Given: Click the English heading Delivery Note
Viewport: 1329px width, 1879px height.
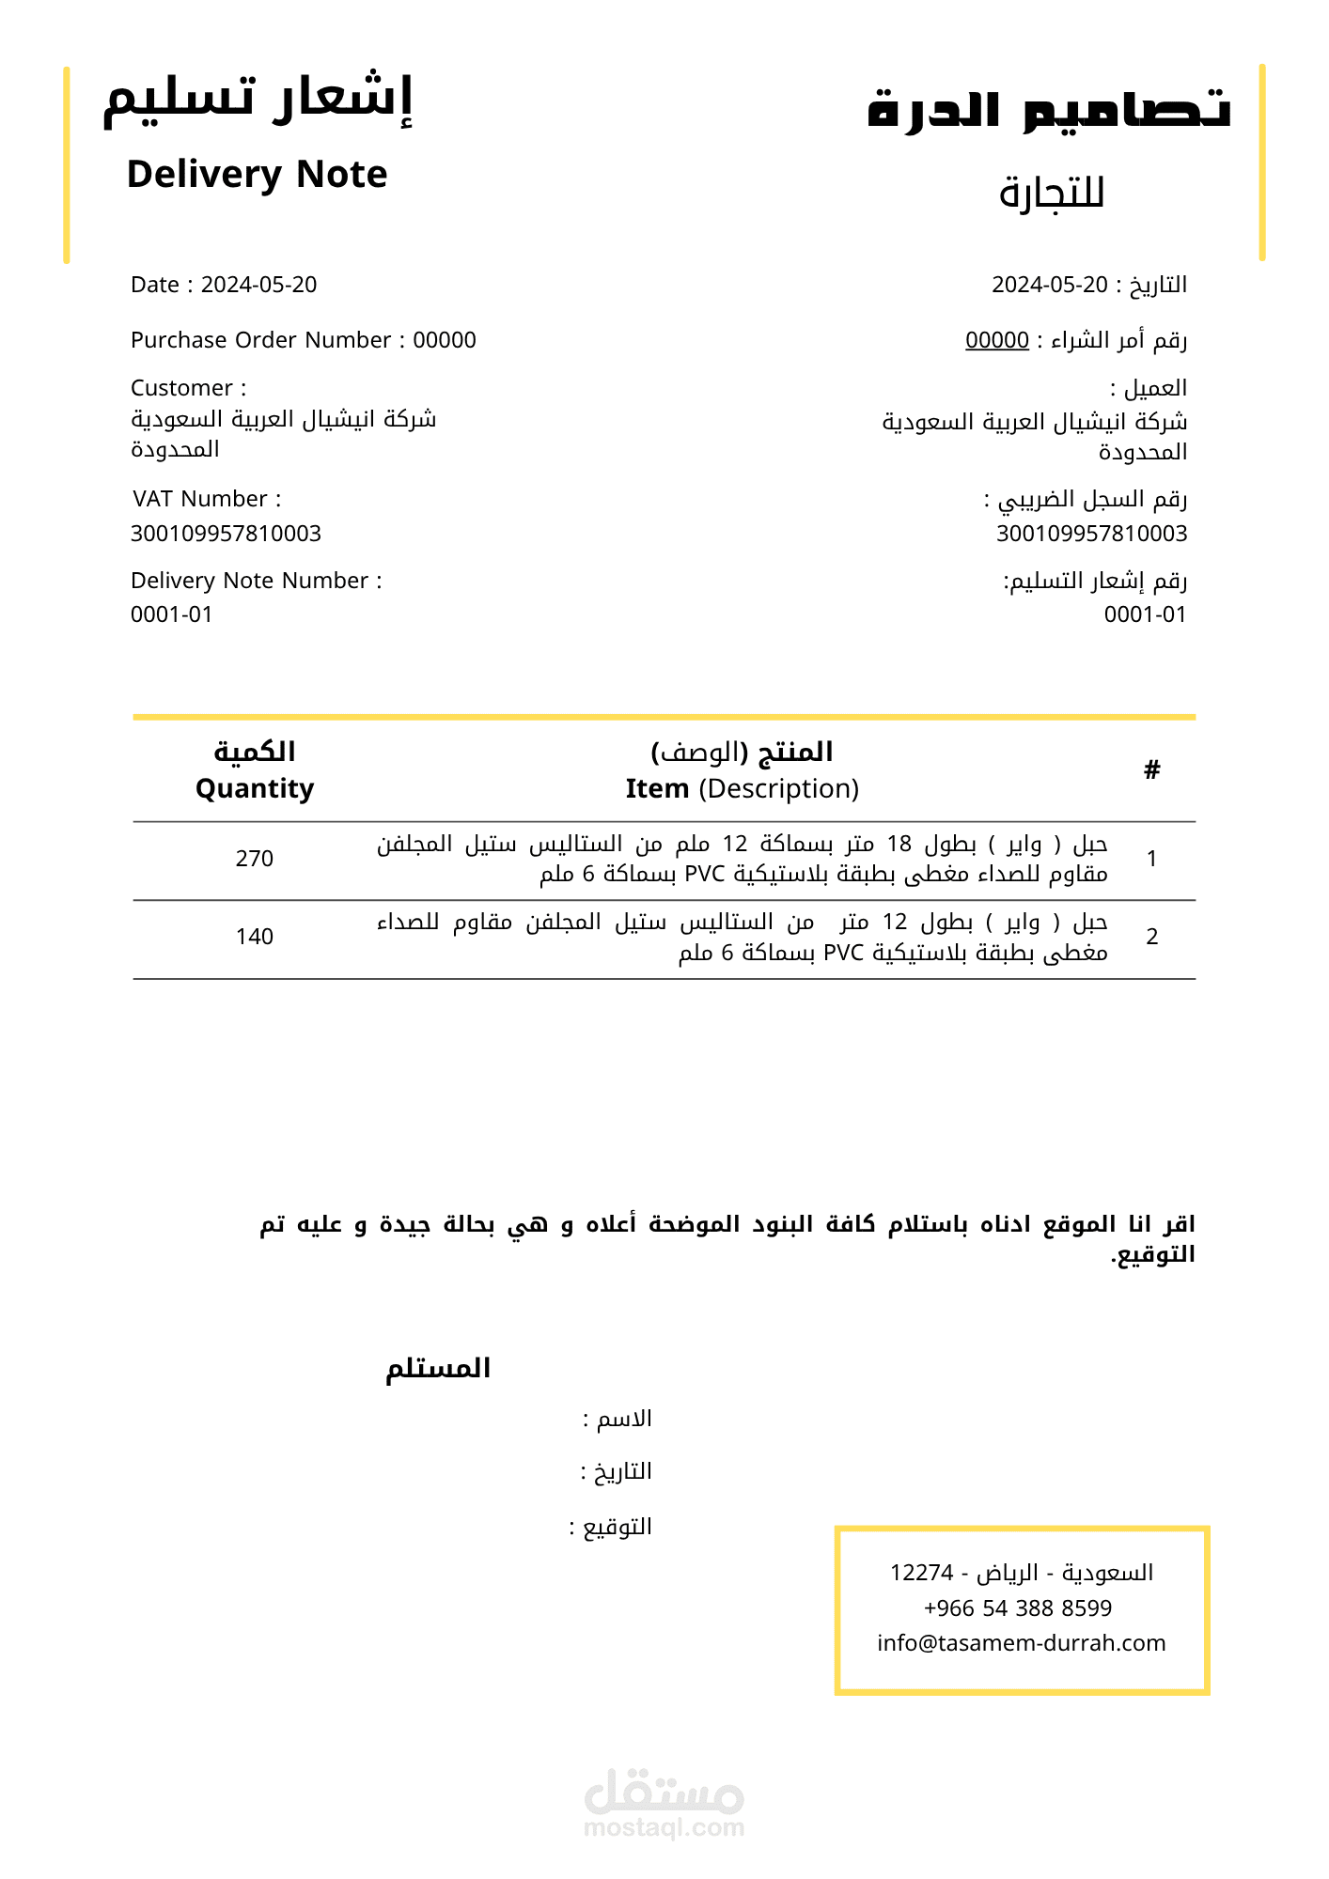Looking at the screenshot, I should pos(257,175).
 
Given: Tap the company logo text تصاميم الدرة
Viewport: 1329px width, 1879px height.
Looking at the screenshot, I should pos(1048,110).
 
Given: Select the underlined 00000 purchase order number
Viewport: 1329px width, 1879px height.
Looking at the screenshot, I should pos(996,340).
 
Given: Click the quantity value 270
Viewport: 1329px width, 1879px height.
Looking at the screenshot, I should pos(255,859).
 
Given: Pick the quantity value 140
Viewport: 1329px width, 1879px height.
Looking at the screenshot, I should pos(255,937).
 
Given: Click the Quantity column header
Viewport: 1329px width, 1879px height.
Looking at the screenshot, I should pos(255,788).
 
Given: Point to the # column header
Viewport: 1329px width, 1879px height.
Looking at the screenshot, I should pos(1151,770).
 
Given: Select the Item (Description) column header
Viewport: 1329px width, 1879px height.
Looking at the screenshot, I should pos(742,788).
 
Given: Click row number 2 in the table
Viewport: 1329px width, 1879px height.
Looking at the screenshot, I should pos(1151,937).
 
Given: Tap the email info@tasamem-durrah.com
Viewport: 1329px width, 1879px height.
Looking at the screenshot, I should pos(1021,1643).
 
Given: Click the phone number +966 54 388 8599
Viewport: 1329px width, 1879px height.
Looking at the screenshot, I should pos(1018,1608).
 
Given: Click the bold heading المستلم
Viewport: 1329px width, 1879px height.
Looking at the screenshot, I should pos(438,1368).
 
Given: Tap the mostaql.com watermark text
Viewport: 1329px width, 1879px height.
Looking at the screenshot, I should pos(664,1827).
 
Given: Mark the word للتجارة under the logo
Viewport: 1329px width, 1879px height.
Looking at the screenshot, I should pos(1051,194).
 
